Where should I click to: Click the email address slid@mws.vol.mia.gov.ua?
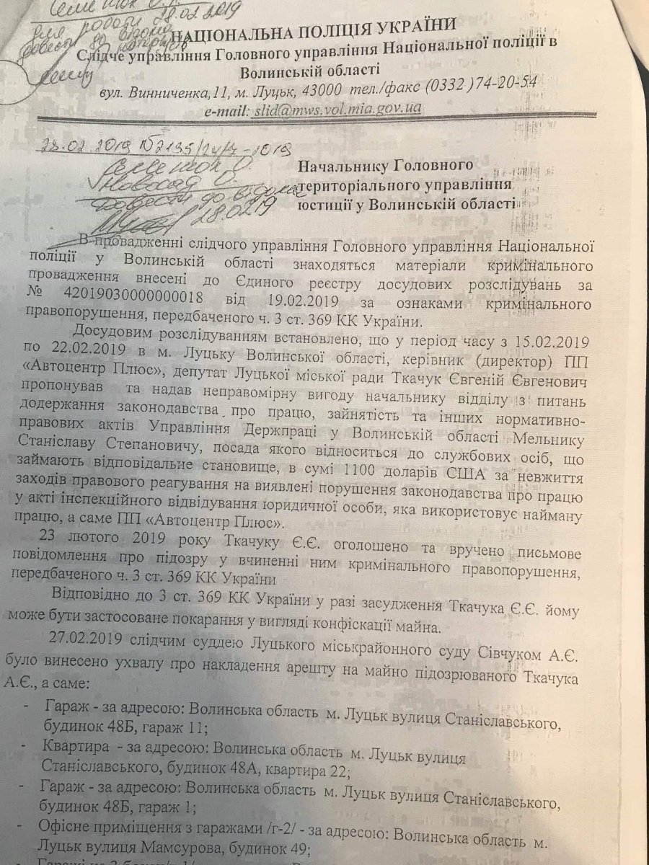click(335, 111)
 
